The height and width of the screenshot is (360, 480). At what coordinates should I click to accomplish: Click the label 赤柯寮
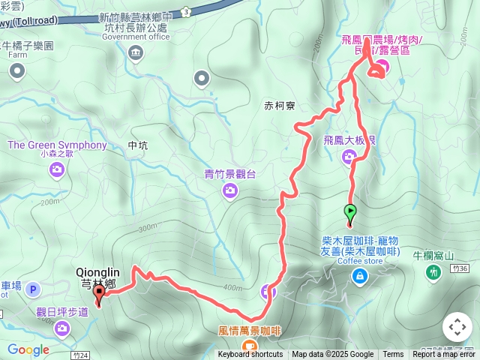[x=280, y=106]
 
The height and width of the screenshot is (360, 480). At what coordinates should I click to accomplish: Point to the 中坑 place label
[x=139, y=145]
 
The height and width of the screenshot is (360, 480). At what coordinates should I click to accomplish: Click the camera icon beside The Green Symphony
[x=57, y=171]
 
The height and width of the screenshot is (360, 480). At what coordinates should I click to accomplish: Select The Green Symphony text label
[x=58, y=145]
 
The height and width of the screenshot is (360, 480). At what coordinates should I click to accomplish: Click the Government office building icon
[x=135, y=52]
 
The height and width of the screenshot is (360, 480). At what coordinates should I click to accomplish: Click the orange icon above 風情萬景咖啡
[x=249, y=346]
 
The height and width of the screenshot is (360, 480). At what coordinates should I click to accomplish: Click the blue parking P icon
[x=32, y=289]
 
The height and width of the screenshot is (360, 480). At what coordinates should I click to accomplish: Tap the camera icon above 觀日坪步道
[x=61, y=327]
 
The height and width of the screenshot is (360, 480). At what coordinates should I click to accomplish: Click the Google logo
[x=28, y=349]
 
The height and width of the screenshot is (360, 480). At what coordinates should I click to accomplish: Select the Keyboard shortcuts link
[x=250, y=355]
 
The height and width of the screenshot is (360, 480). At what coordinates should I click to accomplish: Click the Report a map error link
[x=445, y=355]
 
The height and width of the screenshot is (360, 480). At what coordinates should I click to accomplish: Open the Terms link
[x=393, y=355]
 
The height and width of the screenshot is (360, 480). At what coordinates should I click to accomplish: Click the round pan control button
[x=457, y=328]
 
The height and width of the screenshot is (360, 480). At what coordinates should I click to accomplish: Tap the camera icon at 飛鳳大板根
[x=349, y=157]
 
